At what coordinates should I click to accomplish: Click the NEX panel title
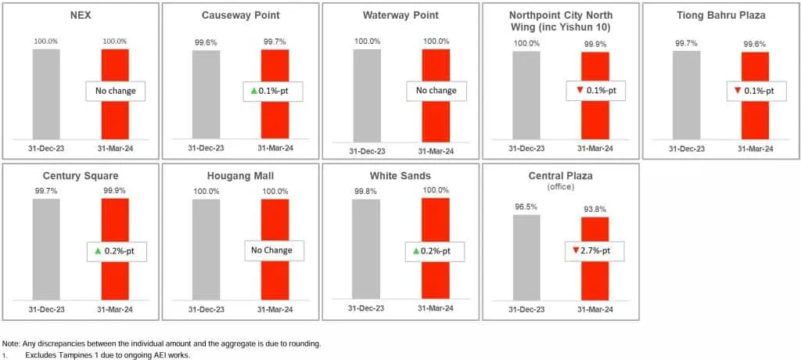81,15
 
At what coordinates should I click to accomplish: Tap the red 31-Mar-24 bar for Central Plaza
594,258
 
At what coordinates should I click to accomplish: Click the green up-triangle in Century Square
97,251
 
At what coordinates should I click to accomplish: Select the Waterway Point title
401,15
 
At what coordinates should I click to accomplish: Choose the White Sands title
401,175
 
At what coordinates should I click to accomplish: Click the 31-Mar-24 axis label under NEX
115,148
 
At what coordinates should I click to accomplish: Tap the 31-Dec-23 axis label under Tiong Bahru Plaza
686,148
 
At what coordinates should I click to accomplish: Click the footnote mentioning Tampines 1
107,355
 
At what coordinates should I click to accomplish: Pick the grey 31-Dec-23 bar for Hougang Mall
206,249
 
